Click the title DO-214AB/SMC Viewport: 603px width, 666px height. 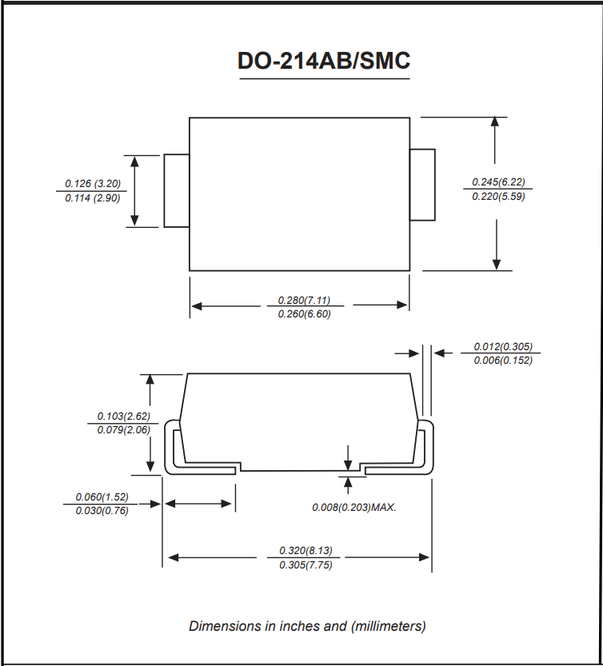tap(324, 62)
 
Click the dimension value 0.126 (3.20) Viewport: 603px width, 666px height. tap(93, 184)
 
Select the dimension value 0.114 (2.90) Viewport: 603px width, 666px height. tap(93, 198)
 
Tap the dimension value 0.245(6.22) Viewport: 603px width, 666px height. tap(498, 181)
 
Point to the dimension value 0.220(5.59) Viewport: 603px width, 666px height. tap(498, 196)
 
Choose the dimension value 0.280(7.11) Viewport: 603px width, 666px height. tap(304, 300)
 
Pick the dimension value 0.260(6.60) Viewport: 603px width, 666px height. tap(304, 314)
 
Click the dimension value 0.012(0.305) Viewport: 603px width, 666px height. tap(502, 347)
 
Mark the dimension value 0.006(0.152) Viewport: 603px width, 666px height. tap(502, 361)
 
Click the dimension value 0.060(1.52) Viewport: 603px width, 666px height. tap(102, 497)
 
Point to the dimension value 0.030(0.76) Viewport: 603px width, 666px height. tap(102, 511)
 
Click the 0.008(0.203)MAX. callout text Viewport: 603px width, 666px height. tap(354, 507)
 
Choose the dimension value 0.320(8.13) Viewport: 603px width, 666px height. tap(305, 551)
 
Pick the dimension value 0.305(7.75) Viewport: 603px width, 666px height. tap(305, 565)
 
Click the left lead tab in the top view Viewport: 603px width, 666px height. tap(177, 191)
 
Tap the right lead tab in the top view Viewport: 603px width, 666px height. tap(422, 185)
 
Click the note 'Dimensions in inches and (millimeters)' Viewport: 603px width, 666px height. tap(307, 626)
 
